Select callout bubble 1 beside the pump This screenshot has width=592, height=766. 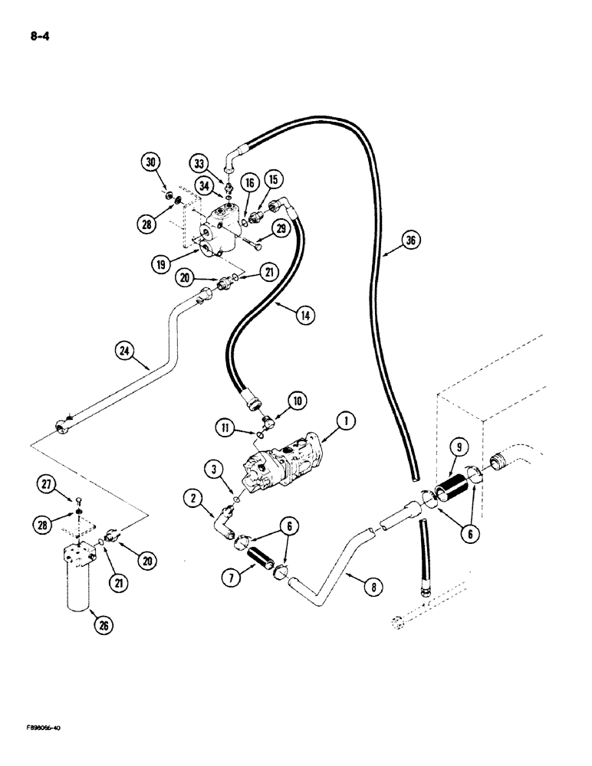tap(347, 420)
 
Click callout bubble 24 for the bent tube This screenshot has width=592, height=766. tap(125, 352)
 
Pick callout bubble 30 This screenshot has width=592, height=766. tap(151, 162)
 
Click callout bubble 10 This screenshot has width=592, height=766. tap(297, 399)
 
